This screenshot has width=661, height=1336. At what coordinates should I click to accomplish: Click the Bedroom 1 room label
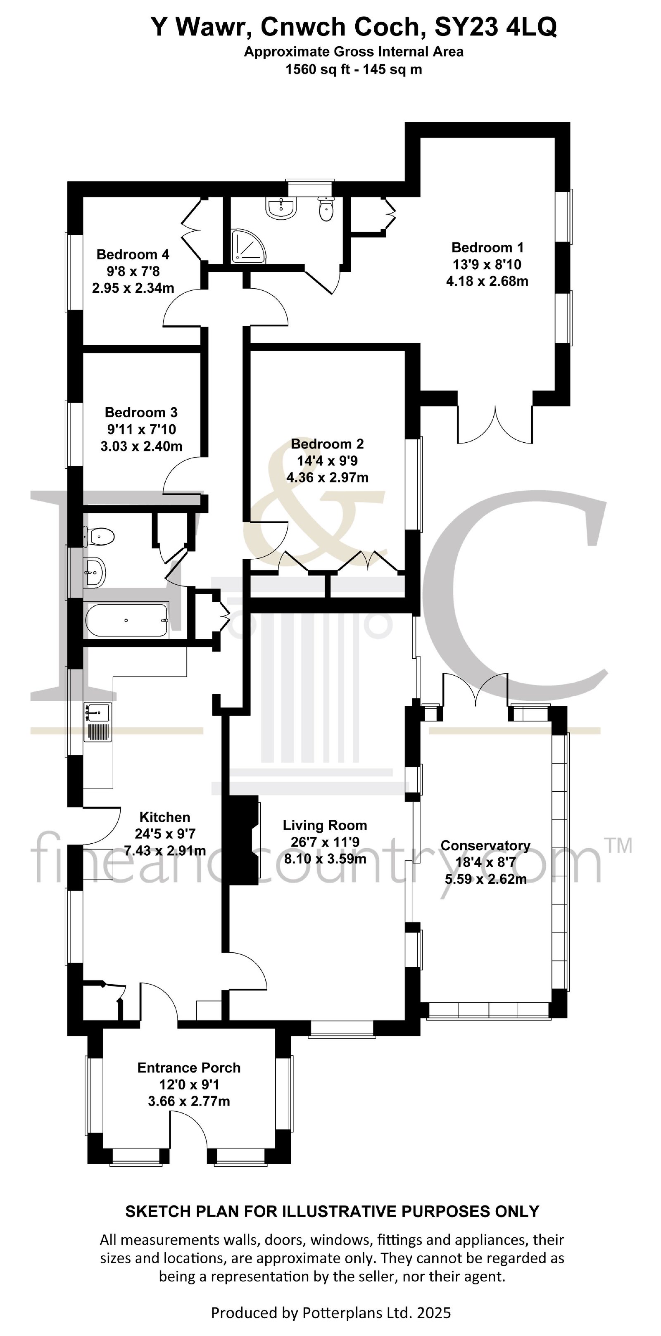pyautogui.click(x=487, y=247)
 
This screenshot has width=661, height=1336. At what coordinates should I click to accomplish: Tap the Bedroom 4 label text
pyautogui.click(x=133, y=255)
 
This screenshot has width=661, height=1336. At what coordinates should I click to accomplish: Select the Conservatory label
pyautogui.click(x=485, y=845)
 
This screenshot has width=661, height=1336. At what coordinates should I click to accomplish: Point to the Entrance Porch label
pyautogui.click(x=189, y=1068)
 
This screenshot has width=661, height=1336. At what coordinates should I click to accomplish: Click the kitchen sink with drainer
pyautogui.click(x=97, y=721)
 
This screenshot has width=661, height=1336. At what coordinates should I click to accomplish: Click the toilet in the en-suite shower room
pyautogui.click(x=326, y=209)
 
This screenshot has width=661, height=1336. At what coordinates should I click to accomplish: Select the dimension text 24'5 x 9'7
pyautogui.click(x=165, y=834)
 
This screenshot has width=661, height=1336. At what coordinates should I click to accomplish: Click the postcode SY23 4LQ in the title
pyautogui.click(x=495, y=27)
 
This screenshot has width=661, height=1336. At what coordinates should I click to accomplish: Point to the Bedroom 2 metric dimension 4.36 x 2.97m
pyautogui.click(x=327, y=477)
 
